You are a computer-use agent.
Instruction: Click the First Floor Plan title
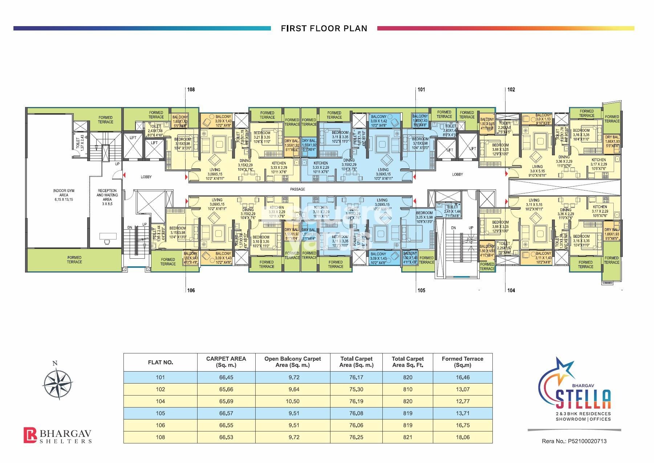[x=324, y=28]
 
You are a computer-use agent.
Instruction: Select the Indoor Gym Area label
[x=64, y=195]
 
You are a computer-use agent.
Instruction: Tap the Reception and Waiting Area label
[x=107, y=195]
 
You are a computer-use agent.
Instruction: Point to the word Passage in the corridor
[x=297, y=189]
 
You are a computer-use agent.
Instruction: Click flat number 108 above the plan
[x=191, y=89]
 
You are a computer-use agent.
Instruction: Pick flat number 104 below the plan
[x=511, y=290]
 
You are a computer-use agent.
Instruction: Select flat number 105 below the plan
[x=421, y=290]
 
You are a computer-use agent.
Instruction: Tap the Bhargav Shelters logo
[x=57, y=435]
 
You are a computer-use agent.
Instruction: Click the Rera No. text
[x=574, y=441]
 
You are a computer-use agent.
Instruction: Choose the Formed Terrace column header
[x=462, y=362]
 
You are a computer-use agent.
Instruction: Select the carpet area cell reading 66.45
[x=226, y=377]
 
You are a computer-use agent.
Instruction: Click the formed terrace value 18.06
[x=463, y=437]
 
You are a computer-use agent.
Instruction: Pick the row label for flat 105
[x=160, y=413]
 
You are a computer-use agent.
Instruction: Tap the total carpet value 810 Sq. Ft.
[x=407, y=389]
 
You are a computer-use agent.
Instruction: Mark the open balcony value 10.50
[x=292, y=401]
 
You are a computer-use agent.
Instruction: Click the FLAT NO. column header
[x=160, y=362]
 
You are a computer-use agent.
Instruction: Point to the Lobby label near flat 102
[x=457, y=175]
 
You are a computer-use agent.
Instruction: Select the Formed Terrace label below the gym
[x=74, y=260]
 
